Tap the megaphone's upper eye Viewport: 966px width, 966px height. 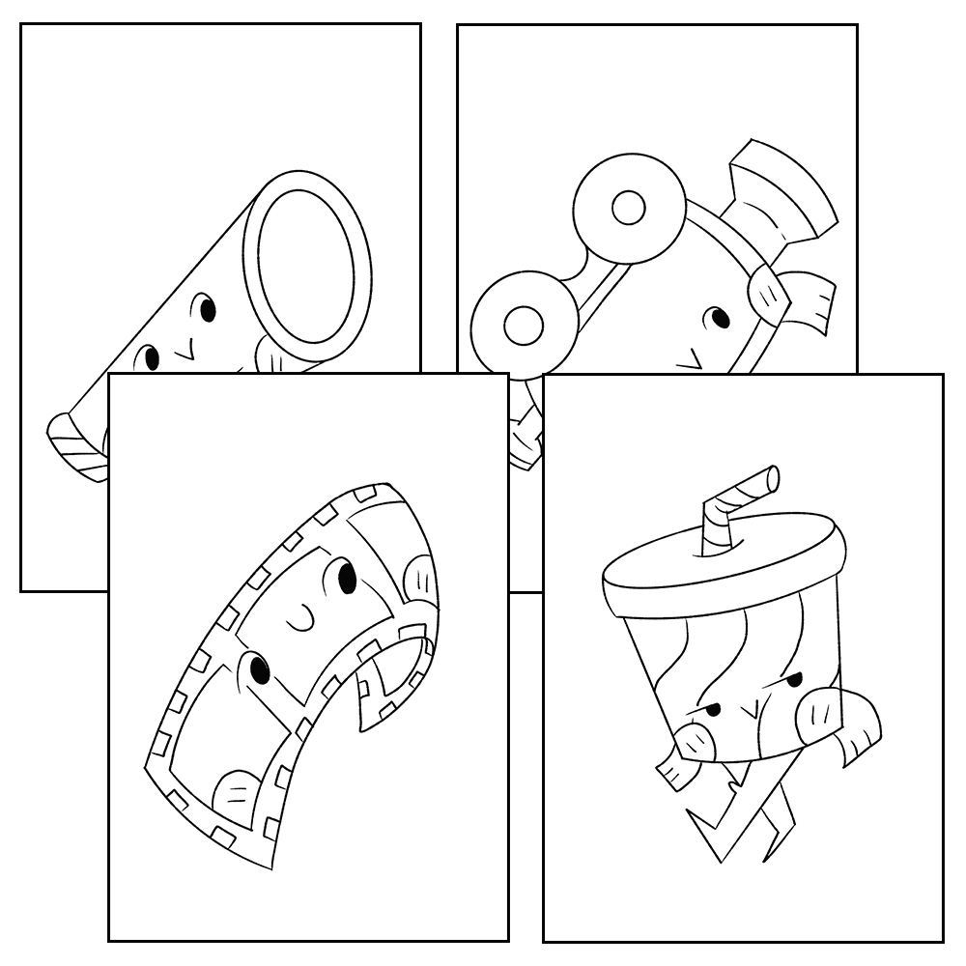[207, 310]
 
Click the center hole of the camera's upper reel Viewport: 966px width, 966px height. [629, 206]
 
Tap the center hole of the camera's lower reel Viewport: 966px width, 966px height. [523, 323]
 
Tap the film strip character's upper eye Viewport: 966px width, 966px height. [347, 578]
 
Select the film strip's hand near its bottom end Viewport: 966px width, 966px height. [237, 798]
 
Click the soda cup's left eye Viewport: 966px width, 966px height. [712, 711]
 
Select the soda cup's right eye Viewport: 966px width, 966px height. [793, 682]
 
